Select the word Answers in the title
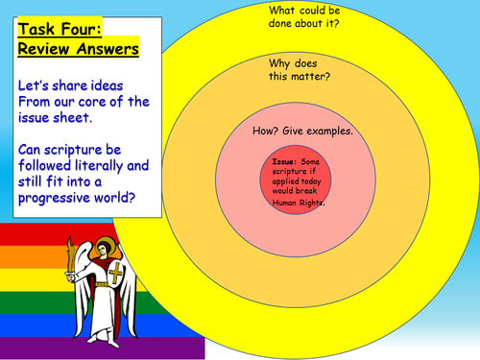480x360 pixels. [108, 49]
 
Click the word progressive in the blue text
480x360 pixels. [55, 199]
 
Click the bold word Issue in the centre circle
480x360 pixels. [284, 161]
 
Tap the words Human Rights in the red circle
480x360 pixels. [299, 203]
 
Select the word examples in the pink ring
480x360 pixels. [329, 132]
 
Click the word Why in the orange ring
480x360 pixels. [279, 64]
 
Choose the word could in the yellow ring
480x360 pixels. [308, 11]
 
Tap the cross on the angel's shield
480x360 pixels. [116, 274]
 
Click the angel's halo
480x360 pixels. [103, 244]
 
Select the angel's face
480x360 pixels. [102, 249]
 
